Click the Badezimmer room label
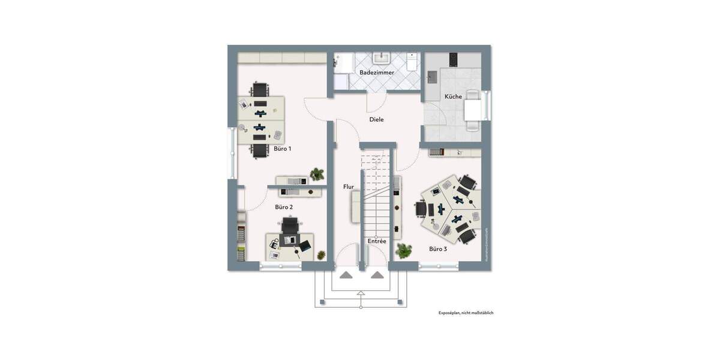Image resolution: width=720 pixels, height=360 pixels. [x=377, y=73]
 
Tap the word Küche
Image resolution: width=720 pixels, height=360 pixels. [x=453, y=97]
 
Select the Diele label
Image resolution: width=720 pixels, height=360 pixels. [x=376, y=119]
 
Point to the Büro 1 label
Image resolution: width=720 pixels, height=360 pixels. [x=283, y=148]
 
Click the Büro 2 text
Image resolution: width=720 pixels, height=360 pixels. [x=284, y=207]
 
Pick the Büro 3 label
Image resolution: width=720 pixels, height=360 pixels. [x=438, y=248]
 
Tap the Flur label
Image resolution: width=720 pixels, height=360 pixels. [x=348, y=187]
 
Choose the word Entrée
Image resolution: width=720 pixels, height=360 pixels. [x=377, y=241]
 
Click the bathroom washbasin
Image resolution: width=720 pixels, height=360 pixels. [x=382, y=58]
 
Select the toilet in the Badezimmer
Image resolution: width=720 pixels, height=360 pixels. [x=412, y=62]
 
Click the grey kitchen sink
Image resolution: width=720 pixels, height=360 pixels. [x=432, y=77]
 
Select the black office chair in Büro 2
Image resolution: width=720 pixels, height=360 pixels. [x=290, y=226]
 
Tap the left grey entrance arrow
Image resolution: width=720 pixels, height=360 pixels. [x=346, y=275]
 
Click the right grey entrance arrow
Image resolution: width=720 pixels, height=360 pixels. [x=377, y=275]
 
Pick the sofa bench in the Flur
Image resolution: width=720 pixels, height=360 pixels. [x=355, y=206]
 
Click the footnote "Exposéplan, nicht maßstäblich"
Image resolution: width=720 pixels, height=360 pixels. [x=466, y=313]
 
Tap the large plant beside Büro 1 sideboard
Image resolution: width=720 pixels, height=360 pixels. [x=317, y=175]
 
